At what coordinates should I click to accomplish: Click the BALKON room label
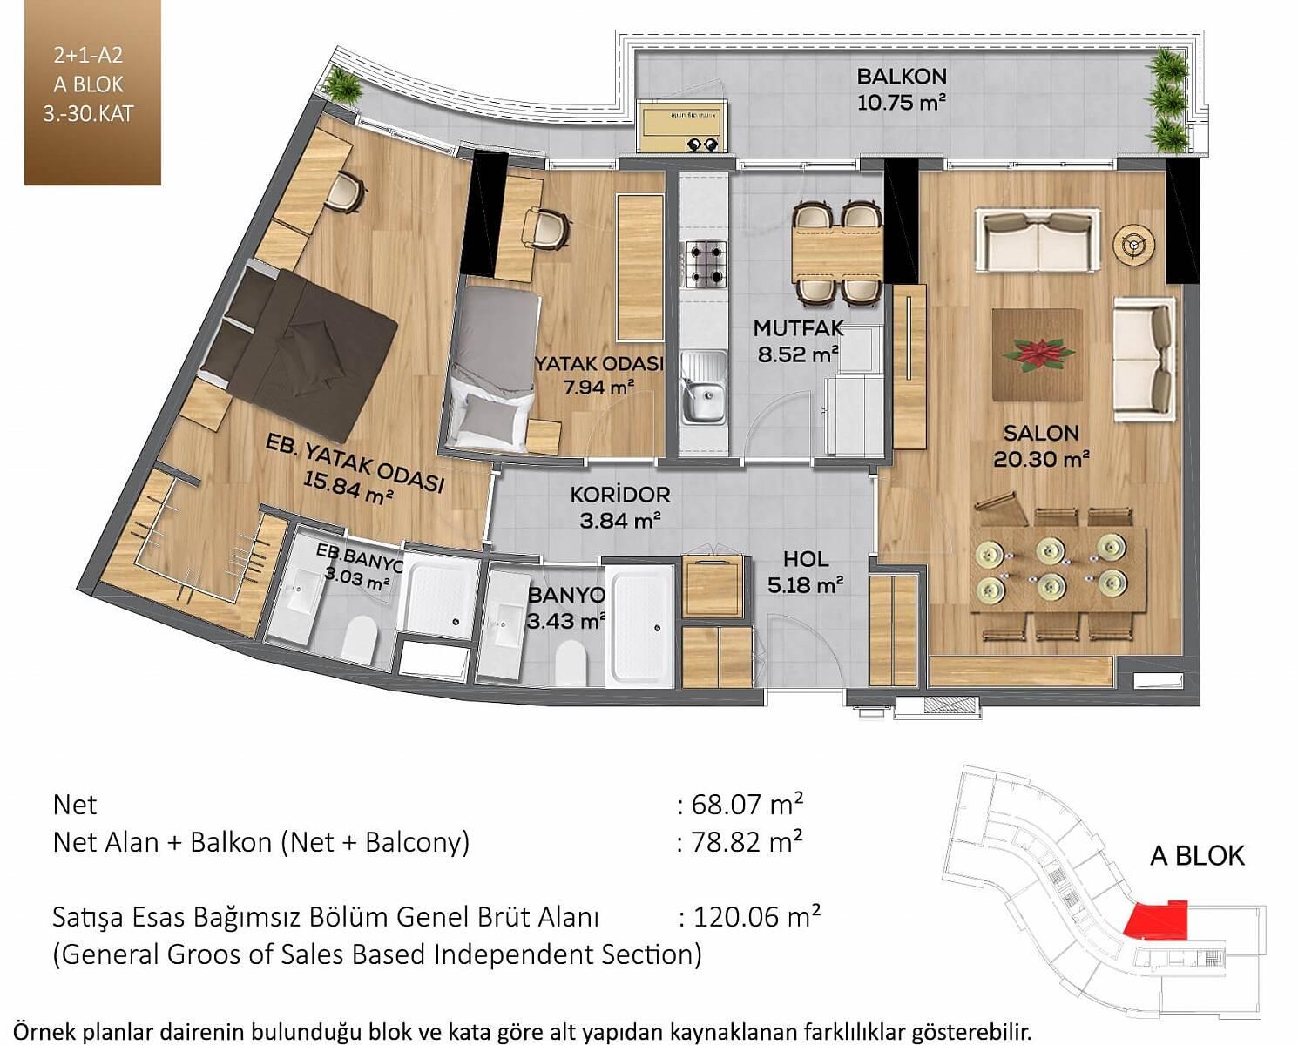coord(901,77)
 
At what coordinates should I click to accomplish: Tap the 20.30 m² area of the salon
coord(1041,460)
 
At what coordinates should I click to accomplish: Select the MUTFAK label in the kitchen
coord(799,328)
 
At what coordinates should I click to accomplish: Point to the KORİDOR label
coord(620,495)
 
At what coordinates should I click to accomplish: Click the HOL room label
coord(806,560)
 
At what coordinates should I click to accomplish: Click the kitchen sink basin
coord(704,400)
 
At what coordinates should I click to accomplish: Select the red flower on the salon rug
coord(1038,354)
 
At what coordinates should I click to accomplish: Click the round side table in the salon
coord(1134,244)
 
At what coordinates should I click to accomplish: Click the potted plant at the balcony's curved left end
coord(343,85)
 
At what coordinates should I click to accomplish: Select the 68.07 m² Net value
coord(747,805)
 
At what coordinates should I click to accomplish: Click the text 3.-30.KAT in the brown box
coord(88,114)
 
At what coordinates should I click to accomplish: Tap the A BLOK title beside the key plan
coord(1197,857)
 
